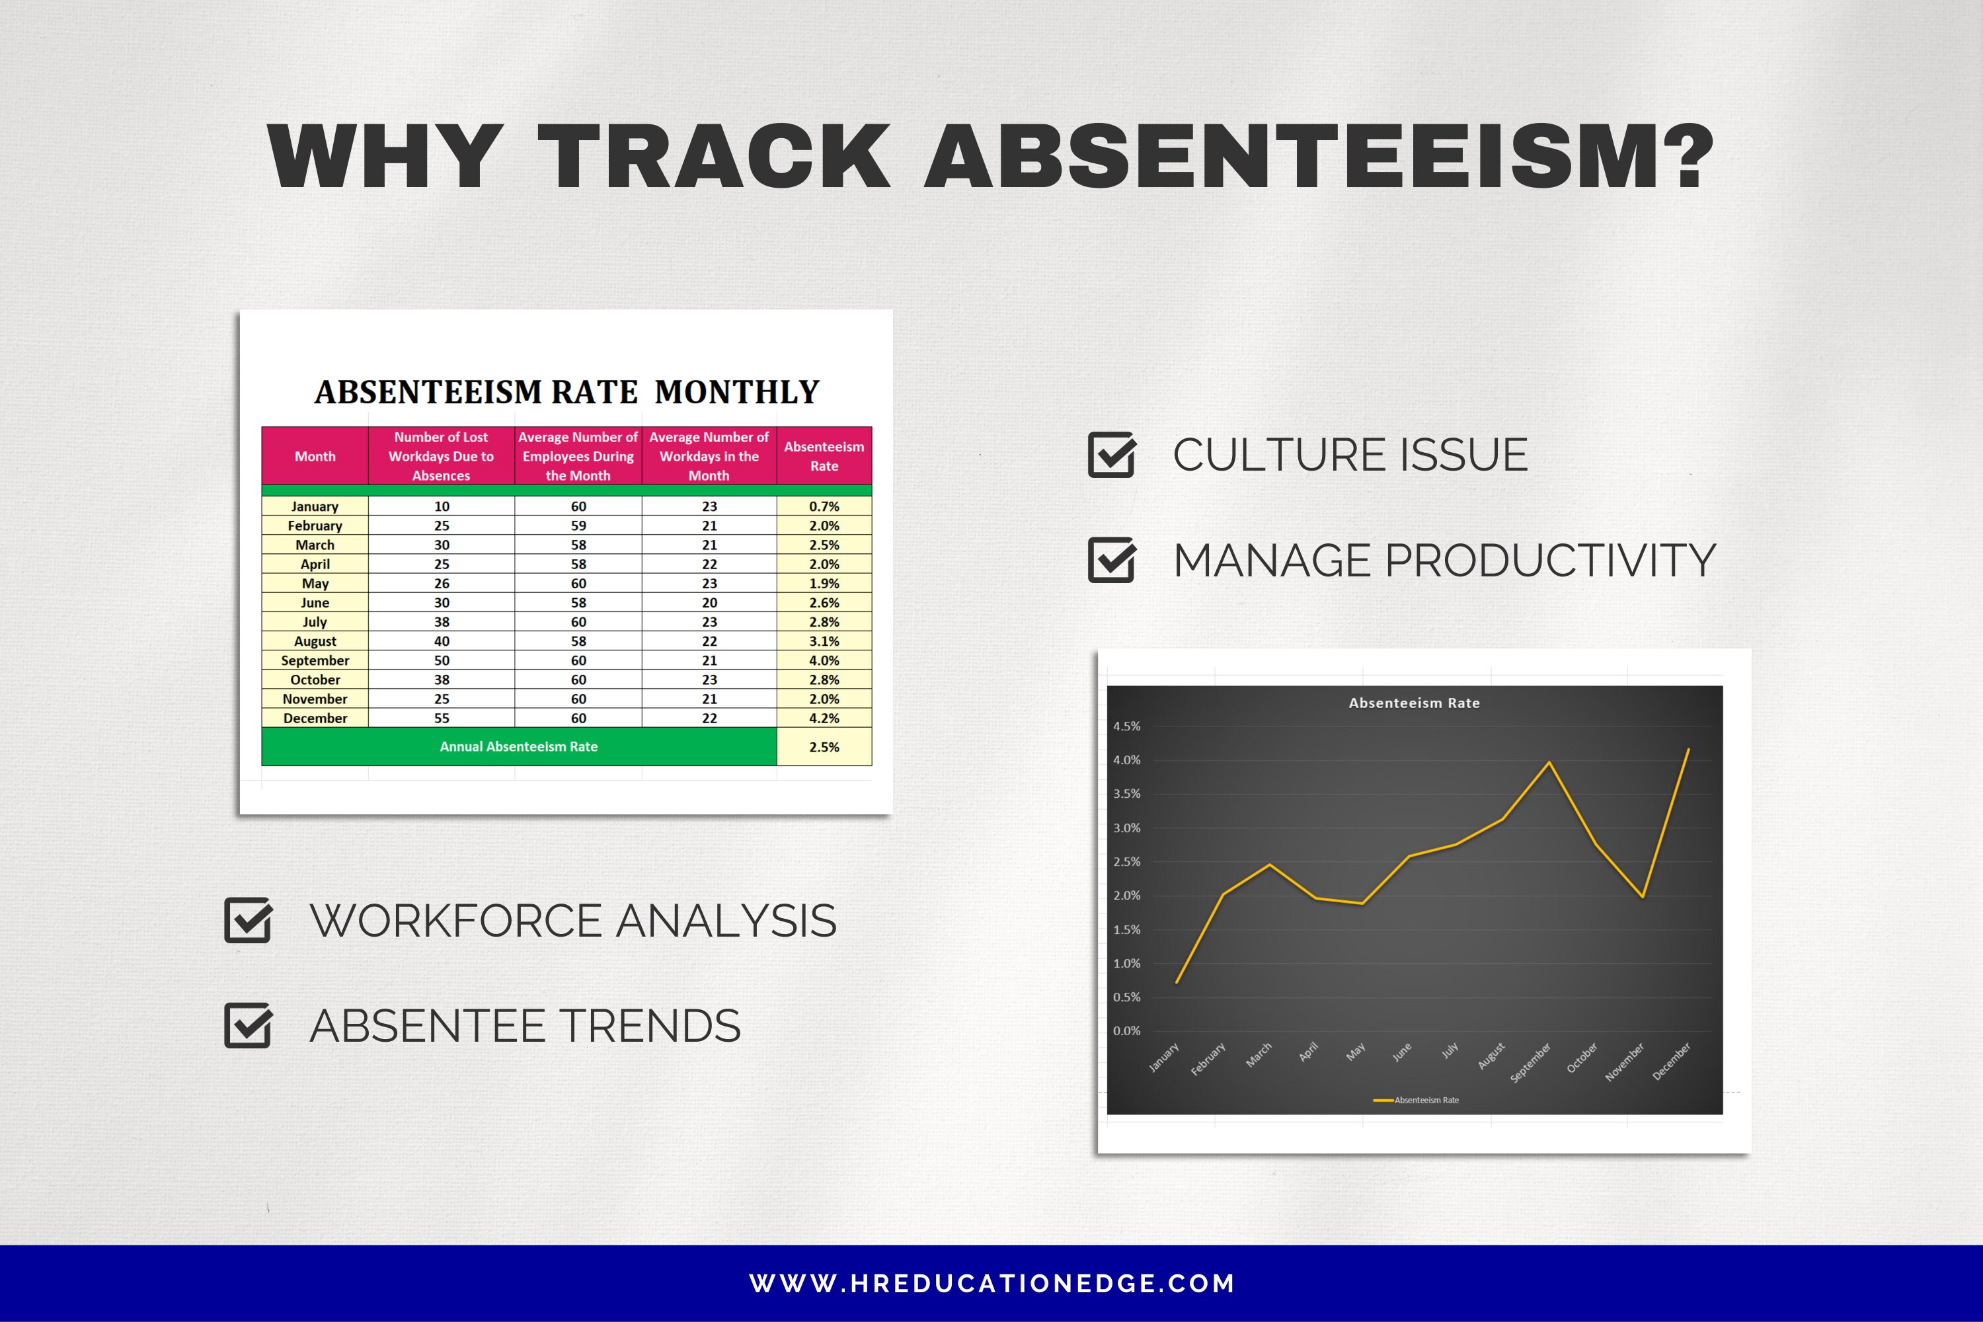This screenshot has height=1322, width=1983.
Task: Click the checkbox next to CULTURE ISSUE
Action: coord(1111,455)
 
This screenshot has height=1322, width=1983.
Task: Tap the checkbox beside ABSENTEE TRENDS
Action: coord(248,1025)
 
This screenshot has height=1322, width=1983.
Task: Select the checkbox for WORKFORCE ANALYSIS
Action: coord(248,920)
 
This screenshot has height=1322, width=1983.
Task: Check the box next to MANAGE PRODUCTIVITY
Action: coord(1111,560)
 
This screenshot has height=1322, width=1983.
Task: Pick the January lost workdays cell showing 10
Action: coord(442,506)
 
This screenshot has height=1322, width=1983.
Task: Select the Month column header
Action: coord(315,456)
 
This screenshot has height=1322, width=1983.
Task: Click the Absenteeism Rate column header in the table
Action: coord(824,456)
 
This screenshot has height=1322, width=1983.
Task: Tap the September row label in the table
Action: coord(315,660)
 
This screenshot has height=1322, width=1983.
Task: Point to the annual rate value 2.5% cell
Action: coord(824,747)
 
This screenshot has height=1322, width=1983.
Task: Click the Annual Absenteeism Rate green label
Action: coord(518,747)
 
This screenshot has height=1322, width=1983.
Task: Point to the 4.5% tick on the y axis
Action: coord(1126,726)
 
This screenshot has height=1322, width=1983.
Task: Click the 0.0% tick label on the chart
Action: coord(1126,1030)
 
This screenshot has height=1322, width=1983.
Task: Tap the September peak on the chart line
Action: coord(1549,762)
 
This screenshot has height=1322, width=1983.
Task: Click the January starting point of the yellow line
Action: coord(1177,982)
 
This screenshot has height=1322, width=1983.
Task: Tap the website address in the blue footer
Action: coord(991,1283)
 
